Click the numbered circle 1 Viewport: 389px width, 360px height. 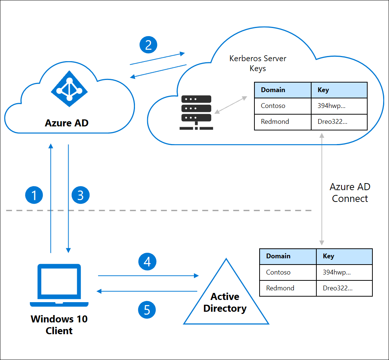tap(34, 195)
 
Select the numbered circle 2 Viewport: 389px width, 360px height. tap(148, 45)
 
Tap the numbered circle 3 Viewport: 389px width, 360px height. tap(80, 195)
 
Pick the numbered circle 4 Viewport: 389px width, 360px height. tap(147, 262)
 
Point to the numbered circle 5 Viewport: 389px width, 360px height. tap(147, 310)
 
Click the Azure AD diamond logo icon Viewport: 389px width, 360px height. tap(69, 90)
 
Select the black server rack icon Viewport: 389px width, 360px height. tap(196, 112)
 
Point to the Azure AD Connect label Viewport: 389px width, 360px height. tap(350, 193)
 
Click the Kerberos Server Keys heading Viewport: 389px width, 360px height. tap(258, 63)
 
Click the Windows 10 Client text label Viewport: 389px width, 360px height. tap(59, 325)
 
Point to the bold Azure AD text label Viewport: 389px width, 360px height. tap(67, 123)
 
